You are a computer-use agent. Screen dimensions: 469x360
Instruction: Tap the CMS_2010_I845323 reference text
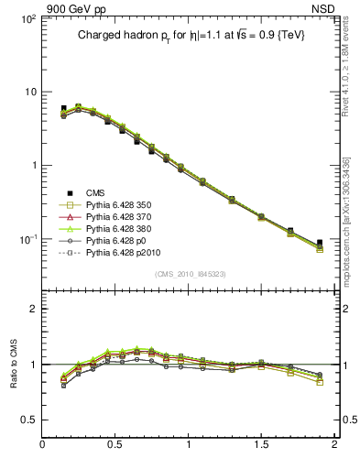pyautogui.click(x=189, y=274)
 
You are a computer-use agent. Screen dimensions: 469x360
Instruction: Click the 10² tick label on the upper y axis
pyautogui.click(x=27, y=19)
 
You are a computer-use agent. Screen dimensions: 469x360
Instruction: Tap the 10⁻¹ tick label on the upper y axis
pyautogui.click(x=27, y=239)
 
